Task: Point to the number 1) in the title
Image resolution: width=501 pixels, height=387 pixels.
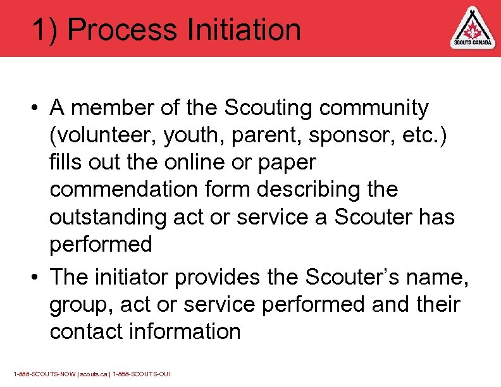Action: click(46, 30)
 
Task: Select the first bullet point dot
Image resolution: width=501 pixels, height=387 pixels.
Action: click(38, 109)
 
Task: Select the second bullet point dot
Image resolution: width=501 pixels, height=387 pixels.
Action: click(38, 277)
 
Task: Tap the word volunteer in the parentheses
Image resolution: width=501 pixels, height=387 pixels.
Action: click(104, 135)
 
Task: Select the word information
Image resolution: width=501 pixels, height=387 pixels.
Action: click(189, 331)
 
